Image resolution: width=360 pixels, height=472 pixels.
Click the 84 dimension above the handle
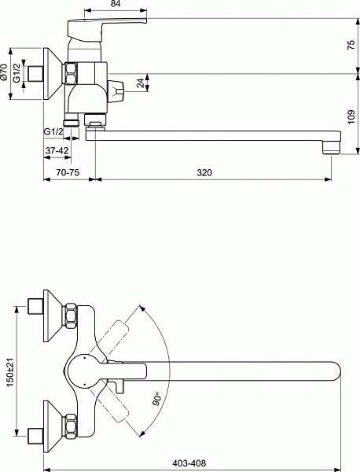pyautogui.click(x=116, y=4)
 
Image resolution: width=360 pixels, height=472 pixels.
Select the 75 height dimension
pyautogui.click(x=351, y=45)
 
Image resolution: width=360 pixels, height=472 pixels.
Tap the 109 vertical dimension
pyautogui.click(x=351, y=116)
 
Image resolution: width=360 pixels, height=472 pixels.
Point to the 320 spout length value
pyautogui.click(x=204, y=173)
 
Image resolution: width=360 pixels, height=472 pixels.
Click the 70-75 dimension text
pyautogui.click(x=68, y=172)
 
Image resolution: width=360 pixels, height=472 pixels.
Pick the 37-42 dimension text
pyautogui.click(x=57, y=150)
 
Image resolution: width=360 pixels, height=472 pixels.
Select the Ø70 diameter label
pyautogui.click(x=4, y=72)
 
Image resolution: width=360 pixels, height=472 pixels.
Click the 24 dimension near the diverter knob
pyautogui.click(x=141, y=83)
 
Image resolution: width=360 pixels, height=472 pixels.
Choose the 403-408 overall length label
pyautogui.click(x=189, y=463)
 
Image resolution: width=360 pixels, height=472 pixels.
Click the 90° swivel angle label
pyautogui.click(x=157, y=399)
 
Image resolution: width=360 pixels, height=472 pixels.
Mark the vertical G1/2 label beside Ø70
pyautogui.click(x=17, y=72)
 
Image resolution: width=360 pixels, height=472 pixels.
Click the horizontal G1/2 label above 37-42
pyautogui.click(x=54, y=132)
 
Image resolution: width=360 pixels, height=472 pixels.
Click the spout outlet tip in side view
pyautogui.click(x=331, y=148)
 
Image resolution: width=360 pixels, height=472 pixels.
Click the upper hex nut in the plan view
pyautogui.click(x=70, y=315)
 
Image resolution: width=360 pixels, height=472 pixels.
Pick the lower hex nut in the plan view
pyautogui.click(x=70, y=426)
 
